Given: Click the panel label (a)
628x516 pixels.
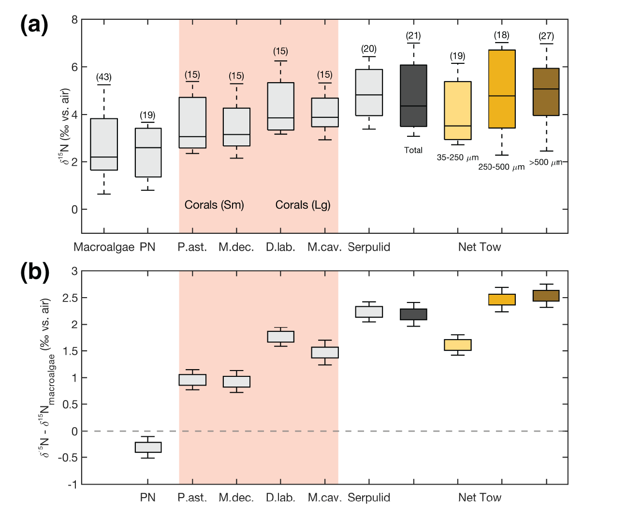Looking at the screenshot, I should click(34, 24).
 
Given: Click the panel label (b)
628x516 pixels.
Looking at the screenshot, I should click(35, 272).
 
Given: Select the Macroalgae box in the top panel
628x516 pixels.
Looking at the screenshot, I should click(104, 144).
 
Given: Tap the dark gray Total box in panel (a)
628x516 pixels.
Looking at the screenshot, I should click(413, 96).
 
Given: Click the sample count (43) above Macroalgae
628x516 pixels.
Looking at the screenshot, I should click(104, 77).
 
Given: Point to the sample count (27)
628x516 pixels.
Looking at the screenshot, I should click(546, 36).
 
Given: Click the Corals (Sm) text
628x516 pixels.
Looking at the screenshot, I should click(214, 205).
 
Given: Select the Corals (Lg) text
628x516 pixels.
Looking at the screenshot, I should click(303, 205).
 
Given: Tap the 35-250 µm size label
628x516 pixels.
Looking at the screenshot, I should click(457, 158).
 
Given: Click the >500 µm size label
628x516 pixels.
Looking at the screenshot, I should click(545, 162).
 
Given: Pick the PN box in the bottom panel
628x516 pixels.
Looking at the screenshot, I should click(148, 447).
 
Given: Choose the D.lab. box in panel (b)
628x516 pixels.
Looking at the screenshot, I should click(280, 336).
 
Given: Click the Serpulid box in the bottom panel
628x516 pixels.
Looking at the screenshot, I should click(369, 312).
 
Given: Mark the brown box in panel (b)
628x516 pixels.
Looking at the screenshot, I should click(546, 296).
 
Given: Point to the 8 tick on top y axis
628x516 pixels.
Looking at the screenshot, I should click(74, 20).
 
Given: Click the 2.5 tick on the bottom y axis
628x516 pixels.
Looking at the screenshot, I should click(71, 298).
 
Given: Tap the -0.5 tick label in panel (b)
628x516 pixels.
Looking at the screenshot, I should click(69, 458).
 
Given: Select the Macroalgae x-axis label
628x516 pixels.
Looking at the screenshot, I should click(104, 247).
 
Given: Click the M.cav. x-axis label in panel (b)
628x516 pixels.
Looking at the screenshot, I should click(325, 498).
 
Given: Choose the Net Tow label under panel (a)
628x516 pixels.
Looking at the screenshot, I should click(480, 247).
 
